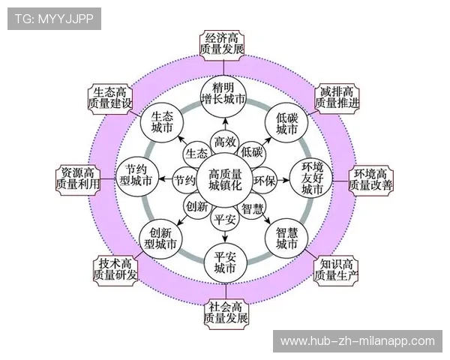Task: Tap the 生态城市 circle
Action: tap(161, 122)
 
